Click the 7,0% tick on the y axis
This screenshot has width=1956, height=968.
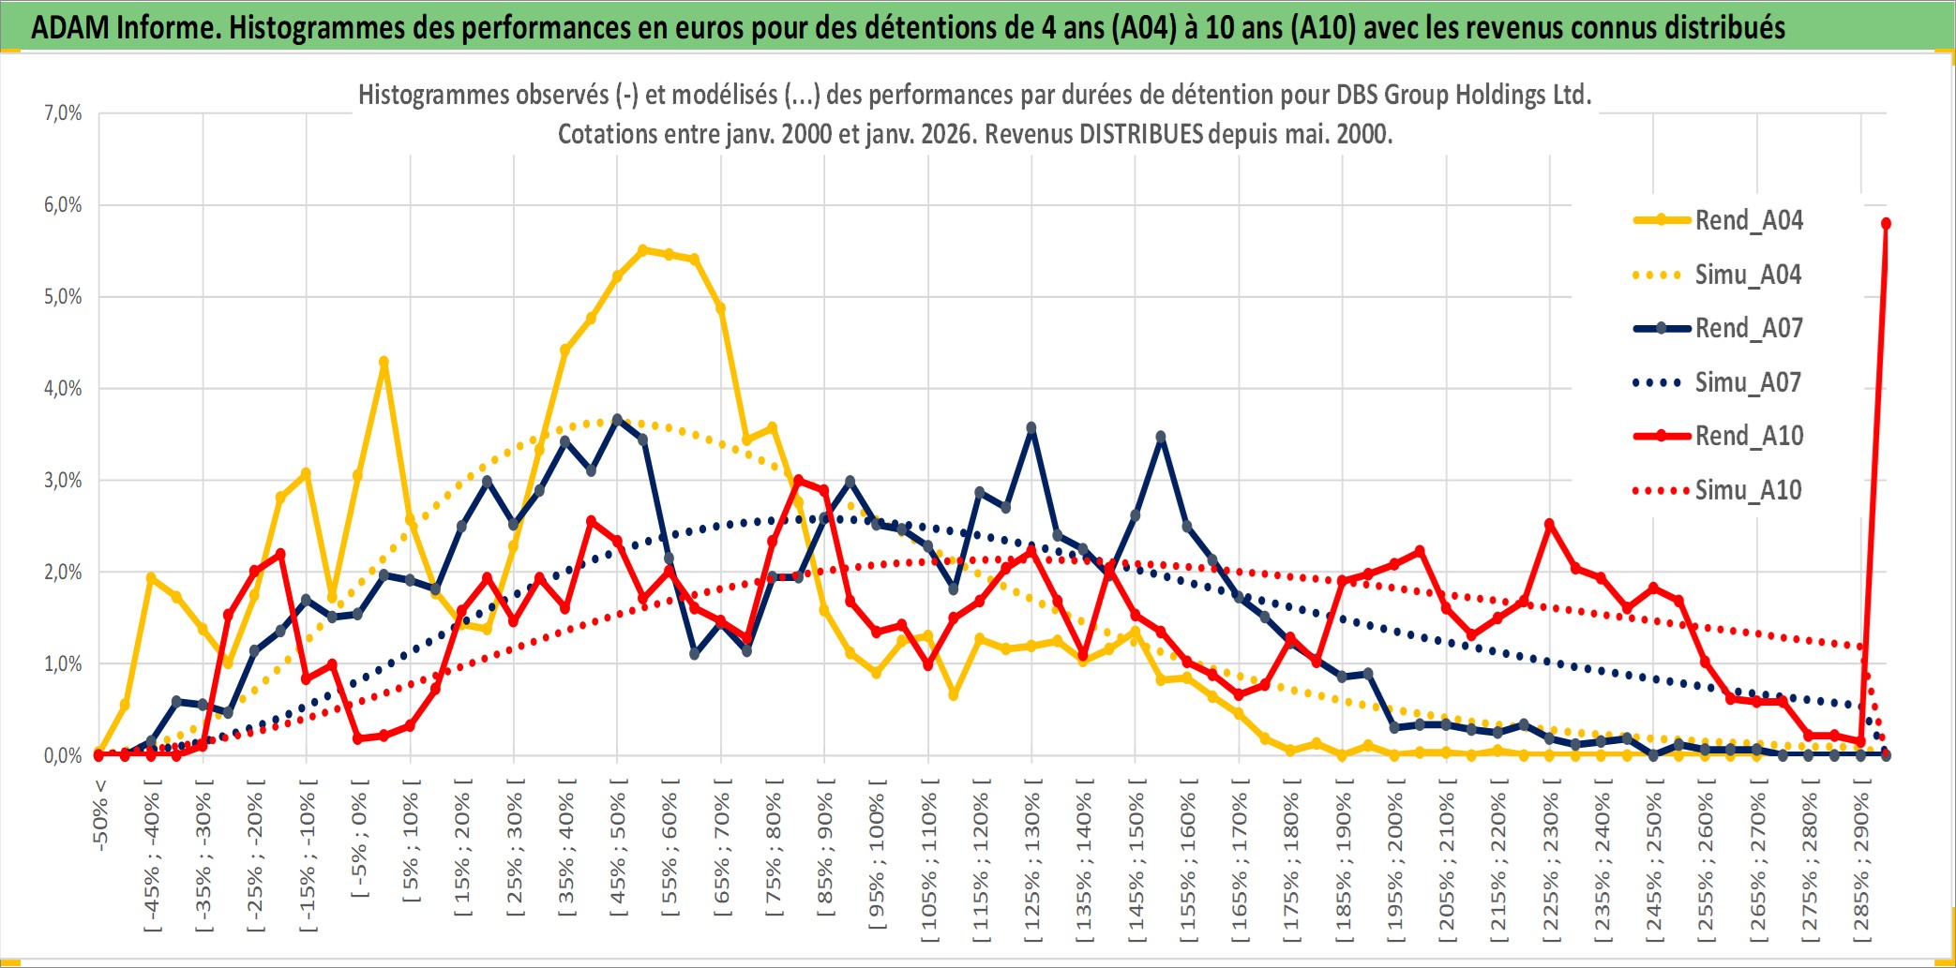63,113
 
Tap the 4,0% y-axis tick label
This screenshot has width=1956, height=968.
63,388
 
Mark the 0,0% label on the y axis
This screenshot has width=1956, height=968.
63,755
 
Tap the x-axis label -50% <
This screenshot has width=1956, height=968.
100,815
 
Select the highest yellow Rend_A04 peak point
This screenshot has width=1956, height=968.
643,250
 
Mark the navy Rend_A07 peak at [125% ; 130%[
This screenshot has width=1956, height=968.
1031,428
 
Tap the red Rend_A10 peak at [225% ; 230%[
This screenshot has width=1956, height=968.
1549,525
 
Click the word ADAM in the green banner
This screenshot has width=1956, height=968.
70,28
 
